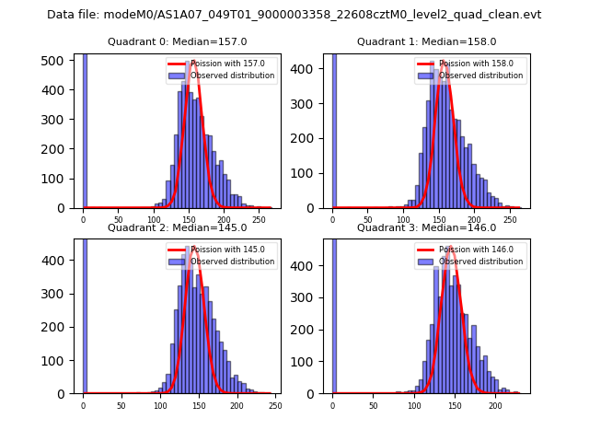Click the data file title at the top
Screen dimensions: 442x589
(294, 15)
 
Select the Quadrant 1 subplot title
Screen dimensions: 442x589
(426, 41)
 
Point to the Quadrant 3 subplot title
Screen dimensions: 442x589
(426, 227)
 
